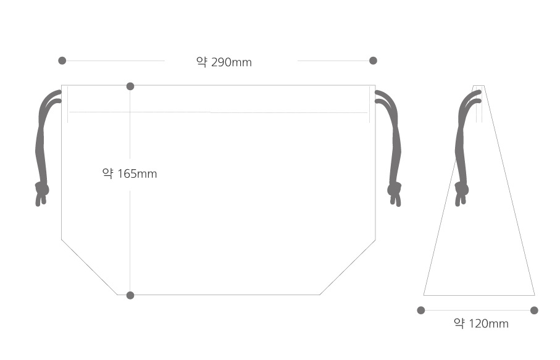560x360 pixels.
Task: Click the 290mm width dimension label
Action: pos(224,62)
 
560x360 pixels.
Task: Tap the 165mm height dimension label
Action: pos(130,174)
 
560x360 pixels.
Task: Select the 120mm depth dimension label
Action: pos(481,323)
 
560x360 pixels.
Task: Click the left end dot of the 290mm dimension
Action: pos(62,61)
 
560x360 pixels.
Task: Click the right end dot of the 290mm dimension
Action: pos(373,61)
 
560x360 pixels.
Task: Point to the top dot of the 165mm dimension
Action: pos(130,86)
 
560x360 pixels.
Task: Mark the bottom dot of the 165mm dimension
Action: pos(130,295)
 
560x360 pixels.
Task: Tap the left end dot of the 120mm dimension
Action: pos(421,310)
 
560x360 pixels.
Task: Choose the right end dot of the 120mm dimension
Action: pos(534,310)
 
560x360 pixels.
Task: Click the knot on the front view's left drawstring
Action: pos(42,189)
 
